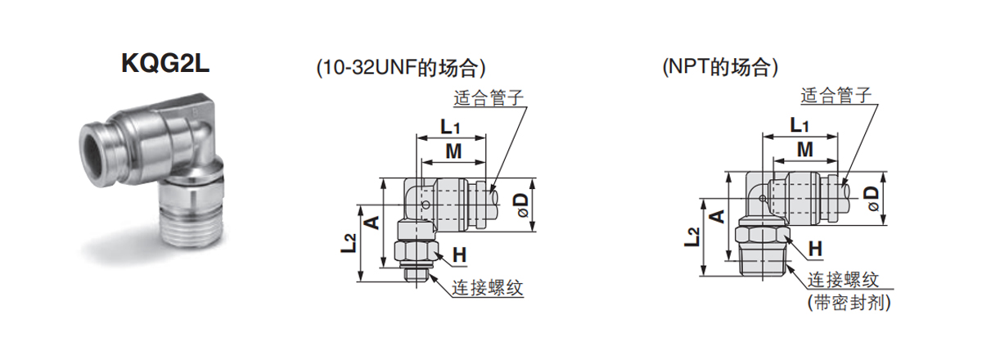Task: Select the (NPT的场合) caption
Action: (720, 68)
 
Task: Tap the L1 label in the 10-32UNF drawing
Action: (451, 127)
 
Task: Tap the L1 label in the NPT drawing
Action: (800, 125)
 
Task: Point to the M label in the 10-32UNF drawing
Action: (453, 151)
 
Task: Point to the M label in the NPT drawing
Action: (805, 150)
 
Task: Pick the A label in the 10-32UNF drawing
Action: (370, 222)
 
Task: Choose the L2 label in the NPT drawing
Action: (693, 236)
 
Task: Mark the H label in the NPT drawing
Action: (815, 247)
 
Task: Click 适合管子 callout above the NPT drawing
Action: (838, 96)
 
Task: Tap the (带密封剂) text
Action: (848, 303)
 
